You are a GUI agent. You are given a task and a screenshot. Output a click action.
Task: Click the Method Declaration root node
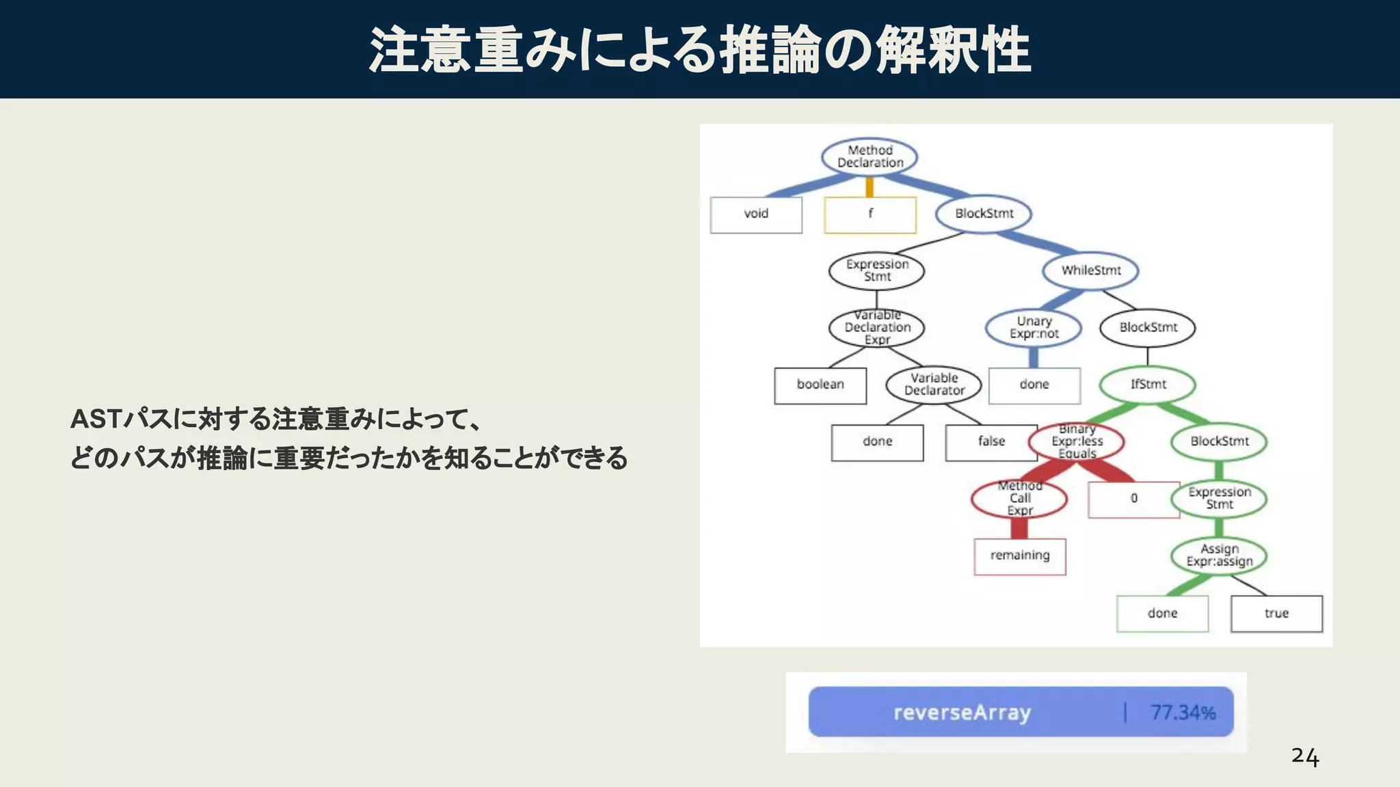tap(870, 156)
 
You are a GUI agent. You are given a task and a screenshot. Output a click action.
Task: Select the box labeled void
tap(756, 215)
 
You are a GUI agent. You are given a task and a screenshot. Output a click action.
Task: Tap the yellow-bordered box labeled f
tap(870, 215)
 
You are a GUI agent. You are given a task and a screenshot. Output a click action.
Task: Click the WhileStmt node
tap(1090, 271)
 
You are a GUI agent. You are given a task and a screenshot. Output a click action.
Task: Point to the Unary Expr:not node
tap(1034, 327)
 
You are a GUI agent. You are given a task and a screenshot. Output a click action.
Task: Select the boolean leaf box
tap(820, 385)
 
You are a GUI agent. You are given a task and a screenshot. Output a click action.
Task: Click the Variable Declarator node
tap(934, 385)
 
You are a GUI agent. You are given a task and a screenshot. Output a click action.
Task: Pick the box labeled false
tap(991, 442)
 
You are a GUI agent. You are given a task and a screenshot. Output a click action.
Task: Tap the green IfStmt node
tap(1148, 385)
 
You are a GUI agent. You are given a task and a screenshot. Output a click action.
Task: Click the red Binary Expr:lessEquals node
tap(1077, 441)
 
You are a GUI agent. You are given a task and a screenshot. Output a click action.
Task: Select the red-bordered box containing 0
tap(1134, 499)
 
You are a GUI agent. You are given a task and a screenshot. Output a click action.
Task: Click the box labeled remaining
tap(1020, 556)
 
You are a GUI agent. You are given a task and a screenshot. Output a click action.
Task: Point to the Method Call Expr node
tap(1019, 499)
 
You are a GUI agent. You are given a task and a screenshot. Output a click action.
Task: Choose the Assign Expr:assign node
tap(1219, 555)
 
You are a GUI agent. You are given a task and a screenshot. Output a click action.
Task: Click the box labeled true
tap(1276, 613)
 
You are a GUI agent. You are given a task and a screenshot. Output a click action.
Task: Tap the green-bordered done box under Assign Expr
tap(1162, 613)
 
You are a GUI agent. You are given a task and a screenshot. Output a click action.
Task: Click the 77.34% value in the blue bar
tap(1183, 713)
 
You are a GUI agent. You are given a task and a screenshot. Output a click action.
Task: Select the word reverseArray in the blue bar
tap(962, 713)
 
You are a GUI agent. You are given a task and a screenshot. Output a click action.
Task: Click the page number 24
tap(1304, 757)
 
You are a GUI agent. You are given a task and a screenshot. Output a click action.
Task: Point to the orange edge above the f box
tap(870, 187)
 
